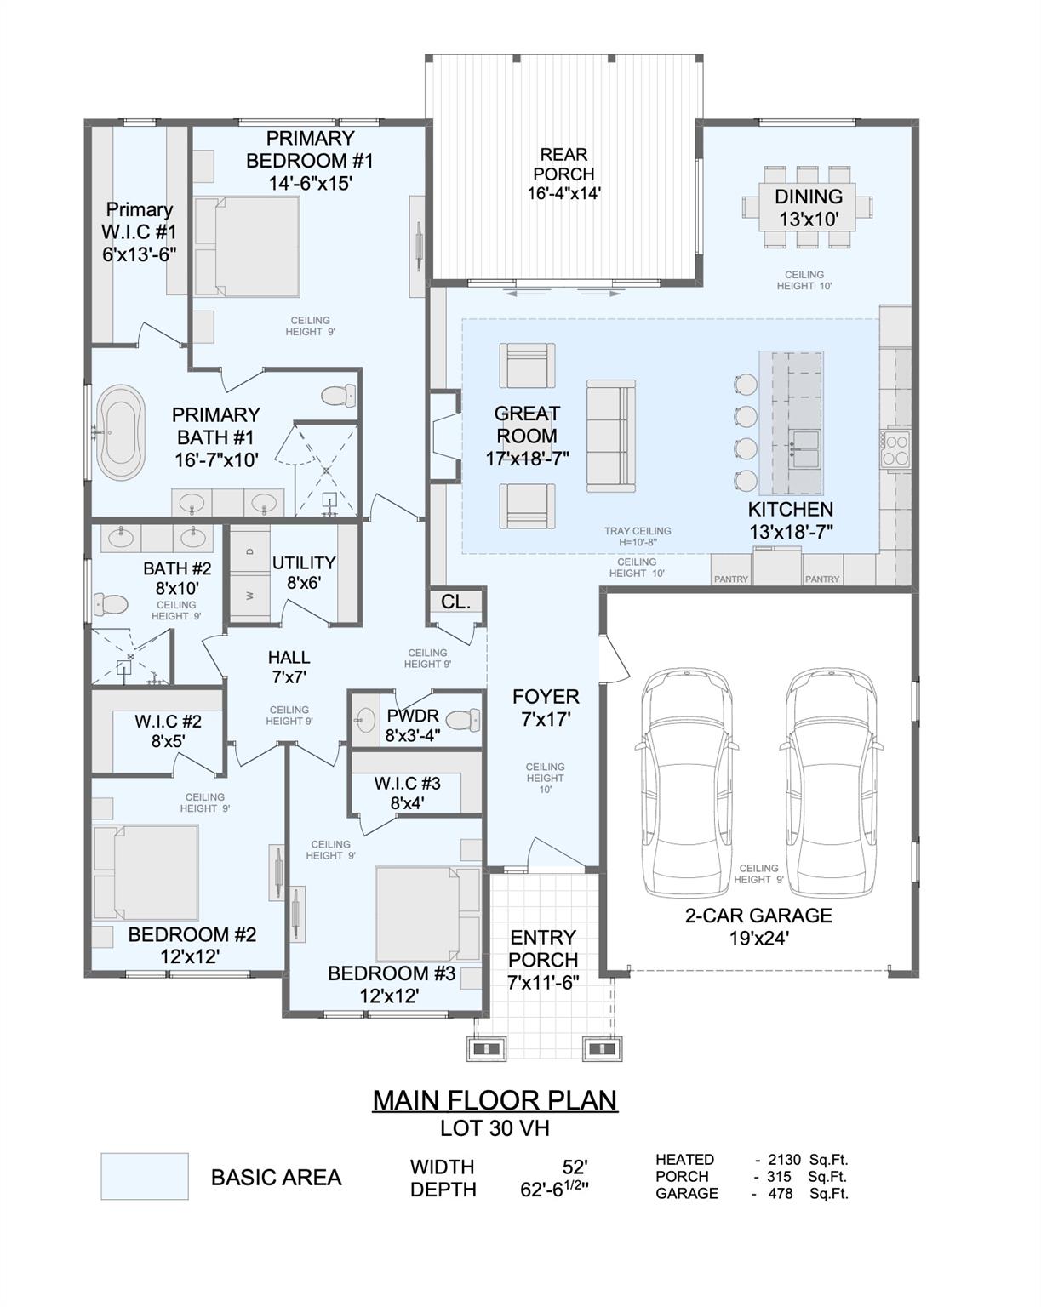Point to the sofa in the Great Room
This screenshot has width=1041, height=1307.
point(611,436)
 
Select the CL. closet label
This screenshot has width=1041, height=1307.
point(456,602)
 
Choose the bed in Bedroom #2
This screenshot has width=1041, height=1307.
point(146,872)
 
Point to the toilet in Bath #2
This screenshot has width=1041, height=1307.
point(110,605)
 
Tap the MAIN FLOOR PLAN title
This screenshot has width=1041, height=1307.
point(495,1100)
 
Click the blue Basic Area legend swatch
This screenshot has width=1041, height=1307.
point(145,1177)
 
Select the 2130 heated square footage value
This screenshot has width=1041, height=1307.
point(785,1159)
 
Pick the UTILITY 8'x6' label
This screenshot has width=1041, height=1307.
point(304,573)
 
